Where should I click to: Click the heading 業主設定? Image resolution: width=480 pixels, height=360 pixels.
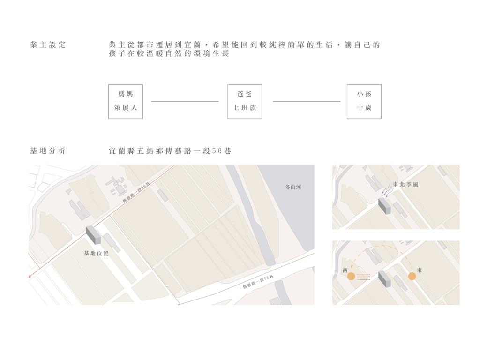[x=48, y=45]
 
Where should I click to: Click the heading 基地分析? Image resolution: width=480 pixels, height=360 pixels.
[x=48, y=150]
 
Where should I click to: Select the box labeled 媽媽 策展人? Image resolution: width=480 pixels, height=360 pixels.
[x=126, y=101]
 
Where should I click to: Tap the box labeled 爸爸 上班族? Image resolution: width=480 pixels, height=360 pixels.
[x=245, y=101]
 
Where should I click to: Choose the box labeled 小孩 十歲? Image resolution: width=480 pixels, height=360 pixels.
[x=364, y=101]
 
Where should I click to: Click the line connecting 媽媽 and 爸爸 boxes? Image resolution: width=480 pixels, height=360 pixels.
[x=185, y=101]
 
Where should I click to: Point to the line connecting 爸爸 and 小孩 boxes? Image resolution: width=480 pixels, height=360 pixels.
[x=307, y=101]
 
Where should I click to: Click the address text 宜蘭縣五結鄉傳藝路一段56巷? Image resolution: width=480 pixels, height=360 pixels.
[x=170, y=151]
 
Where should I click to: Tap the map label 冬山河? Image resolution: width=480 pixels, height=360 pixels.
[x=293, y=187]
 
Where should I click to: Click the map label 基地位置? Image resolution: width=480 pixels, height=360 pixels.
[x=96, y=254]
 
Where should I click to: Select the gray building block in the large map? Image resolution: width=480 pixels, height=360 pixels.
[x=93, y=235]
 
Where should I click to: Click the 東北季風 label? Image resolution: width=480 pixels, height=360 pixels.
[x=405, y=184]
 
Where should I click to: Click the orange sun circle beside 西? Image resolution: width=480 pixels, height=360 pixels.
[x=351, y=277]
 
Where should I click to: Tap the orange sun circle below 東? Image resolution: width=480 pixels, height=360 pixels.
[x=412, y=277]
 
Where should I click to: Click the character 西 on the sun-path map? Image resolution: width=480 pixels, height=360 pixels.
[x=345, y=270]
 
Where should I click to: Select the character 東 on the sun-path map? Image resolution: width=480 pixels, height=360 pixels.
[x=420, y=270]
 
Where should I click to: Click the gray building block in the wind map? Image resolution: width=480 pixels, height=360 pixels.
[x=384, y=206]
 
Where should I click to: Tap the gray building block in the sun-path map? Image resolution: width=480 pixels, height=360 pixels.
[x=384, y=279]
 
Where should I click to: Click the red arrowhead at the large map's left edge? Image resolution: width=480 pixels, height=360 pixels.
[x=30, y=276]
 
